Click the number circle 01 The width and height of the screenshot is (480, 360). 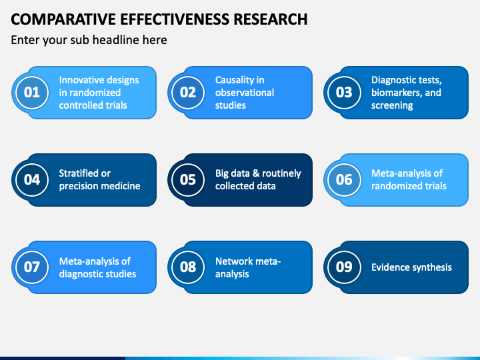click(x=32, y=93)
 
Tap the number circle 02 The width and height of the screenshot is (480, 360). click(x=187, y=93)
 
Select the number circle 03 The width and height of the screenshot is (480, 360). click(x=344, y=93)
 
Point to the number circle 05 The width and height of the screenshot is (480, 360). click(x=187, y=180)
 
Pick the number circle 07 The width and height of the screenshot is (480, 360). click(x=32, y=267)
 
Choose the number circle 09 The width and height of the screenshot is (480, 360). click(x=344, y=267)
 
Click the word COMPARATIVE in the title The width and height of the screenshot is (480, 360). click(x=63, y=19)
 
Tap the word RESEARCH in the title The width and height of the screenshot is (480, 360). click(x=271, y=19)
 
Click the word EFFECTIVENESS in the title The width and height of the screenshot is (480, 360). click(x=175, y=19)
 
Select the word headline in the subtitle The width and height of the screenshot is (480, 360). click(x=116, y=40)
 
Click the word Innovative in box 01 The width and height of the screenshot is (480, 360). click(x=81, y=80)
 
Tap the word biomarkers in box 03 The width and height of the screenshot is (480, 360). click(x=395, y=93)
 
